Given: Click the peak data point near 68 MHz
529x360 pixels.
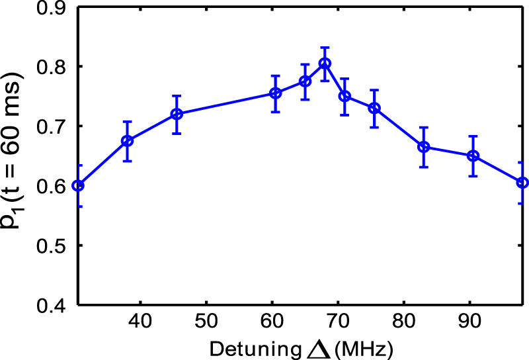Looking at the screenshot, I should [x=325, y=64].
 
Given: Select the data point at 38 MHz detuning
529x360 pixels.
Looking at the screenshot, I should [x=128, y=141].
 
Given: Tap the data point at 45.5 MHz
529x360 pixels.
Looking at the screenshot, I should [x=177, y=114].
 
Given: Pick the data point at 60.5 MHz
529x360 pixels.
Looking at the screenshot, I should [x=275, y=93].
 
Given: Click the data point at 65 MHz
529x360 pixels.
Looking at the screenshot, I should [x=305, y=81].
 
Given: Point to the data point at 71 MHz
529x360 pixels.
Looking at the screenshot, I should [x=345, y=96].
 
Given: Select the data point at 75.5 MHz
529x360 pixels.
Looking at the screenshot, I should [x=374, y=108].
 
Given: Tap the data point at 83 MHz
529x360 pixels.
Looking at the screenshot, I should [x=424, y=147].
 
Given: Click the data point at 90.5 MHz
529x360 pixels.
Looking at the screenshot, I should [x=473, y=156].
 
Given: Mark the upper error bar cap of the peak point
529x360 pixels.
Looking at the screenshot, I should [x=325, y=48].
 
